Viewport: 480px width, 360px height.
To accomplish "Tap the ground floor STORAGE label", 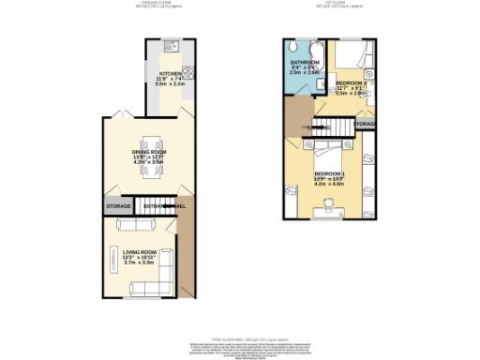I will point(118,206).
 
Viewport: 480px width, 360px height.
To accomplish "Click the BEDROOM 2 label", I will point(352,83).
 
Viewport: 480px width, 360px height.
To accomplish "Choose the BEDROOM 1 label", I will point(329,174).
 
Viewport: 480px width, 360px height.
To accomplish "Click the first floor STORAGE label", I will point(365,124).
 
